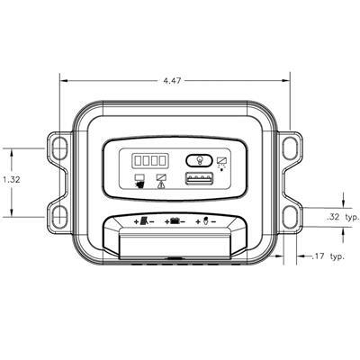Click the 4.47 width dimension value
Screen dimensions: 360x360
click(x=172, y=81)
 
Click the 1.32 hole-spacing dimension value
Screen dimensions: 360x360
click(x=12, y=180)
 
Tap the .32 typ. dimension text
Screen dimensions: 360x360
click(x=343, y=218)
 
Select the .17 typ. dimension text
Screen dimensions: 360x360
click(x=328, y=256)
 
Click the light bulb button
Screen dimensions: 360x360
click(x=200, y=160)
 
